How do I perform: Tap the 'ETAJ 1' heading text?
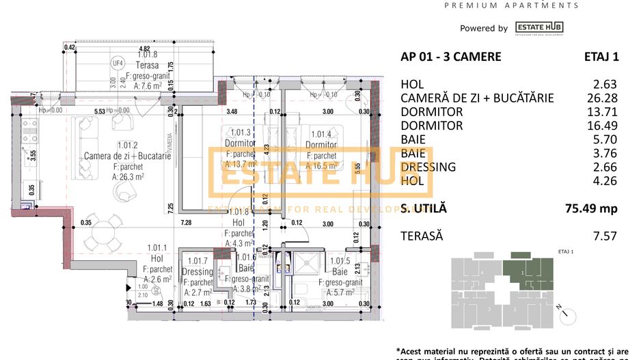pos(601,57)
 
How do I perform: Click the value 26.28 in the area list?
pos(604,98)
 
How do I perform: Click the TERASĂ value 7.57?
pos(605,236)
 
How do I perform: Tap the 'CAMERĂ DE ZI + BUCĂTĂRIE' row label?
pos(477,98)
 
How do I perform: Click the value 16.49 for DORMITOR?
pos(604,126)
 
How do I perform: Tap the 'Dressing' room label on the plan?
pos(197,272)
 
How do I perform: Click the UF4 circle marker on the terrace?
pos(118,64)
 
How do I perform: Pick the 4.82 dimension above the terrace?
pos(144,49)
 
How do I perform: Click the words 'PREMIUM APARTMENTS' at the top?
pos(511,5)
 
